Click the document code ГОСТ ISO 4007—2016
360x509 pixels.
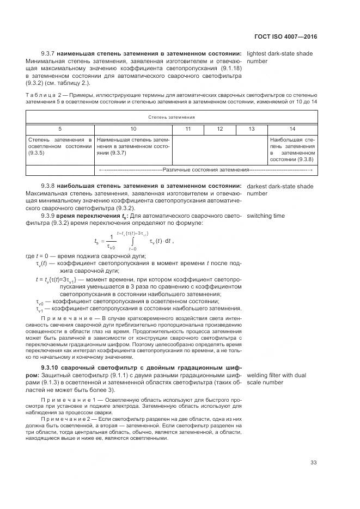[x=285, y=37]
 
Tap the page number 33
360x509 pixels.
[x=313, y=463]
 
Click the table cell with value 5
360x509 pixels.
[x=60, y=129]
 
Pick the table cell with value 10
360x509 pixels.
[x=133, y=129]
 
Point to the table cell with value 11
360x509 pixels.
[x=188, y=129]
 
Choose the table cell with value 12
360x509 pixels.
[x=219, y=129]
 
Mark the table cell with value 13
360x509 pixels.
[x=251, y=129]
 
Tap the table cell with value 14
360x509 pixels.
[x=292, y=129]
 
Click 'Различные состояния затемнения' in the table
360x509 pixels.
[x=205, y=170]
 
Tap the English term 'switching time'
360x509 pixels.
[x=266, y=216]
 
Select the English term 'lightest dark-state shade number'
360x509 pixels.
[x=280, y=58]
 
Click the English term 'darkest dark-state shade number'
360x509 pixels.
[x=280, y=190]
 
